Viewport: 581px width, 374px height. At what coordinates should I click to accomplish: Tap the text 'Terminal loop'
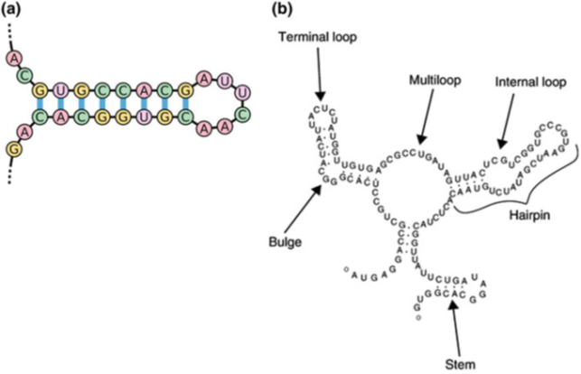[x=319, y=39]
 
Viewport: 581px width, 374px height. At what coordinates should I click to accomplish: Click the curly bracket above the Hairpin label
[x=524, y=194]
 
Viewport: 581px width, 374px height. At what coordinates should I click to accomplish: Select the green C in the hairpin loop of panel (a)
[x=242, y=114]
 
